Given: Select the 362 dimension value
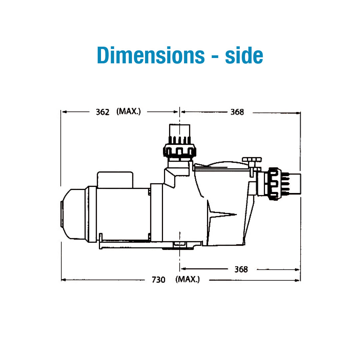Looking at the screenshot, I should [102, 112].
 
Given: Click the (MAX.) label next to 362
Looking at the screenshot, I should [129, 111].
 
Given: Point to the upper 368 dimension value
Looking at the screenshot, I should [237, 112].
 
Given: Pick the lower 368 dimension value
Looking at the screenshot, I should [241, 269].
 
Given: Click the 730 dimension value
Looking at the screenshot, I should [158, 280].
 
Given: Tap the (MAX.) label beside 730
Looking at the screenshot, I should [187, 279].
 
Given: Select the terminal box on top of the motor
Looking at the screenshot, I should [115, 179].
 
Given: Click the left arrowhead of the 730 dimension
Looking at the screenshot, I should [64, 280].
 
